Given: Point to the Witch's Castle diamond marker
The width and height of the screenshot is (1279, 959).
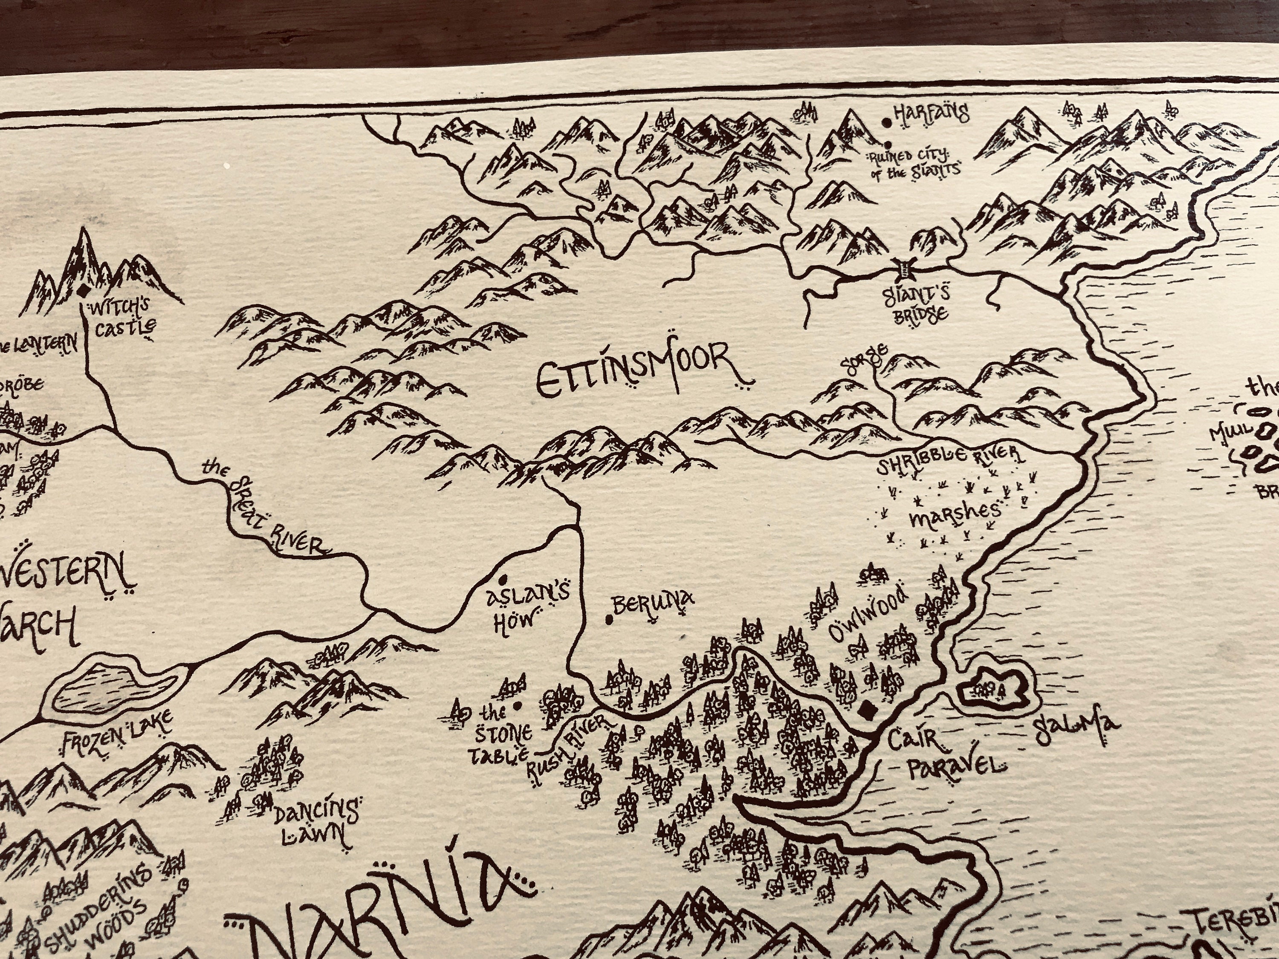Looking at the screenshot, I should [83, 291].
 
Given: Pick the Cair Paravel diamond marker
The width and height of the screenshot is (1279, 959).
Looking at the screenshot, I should [866, 710].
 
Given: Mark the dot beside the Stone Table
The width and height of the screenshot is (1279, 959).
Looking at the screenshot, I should [516, 705].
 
